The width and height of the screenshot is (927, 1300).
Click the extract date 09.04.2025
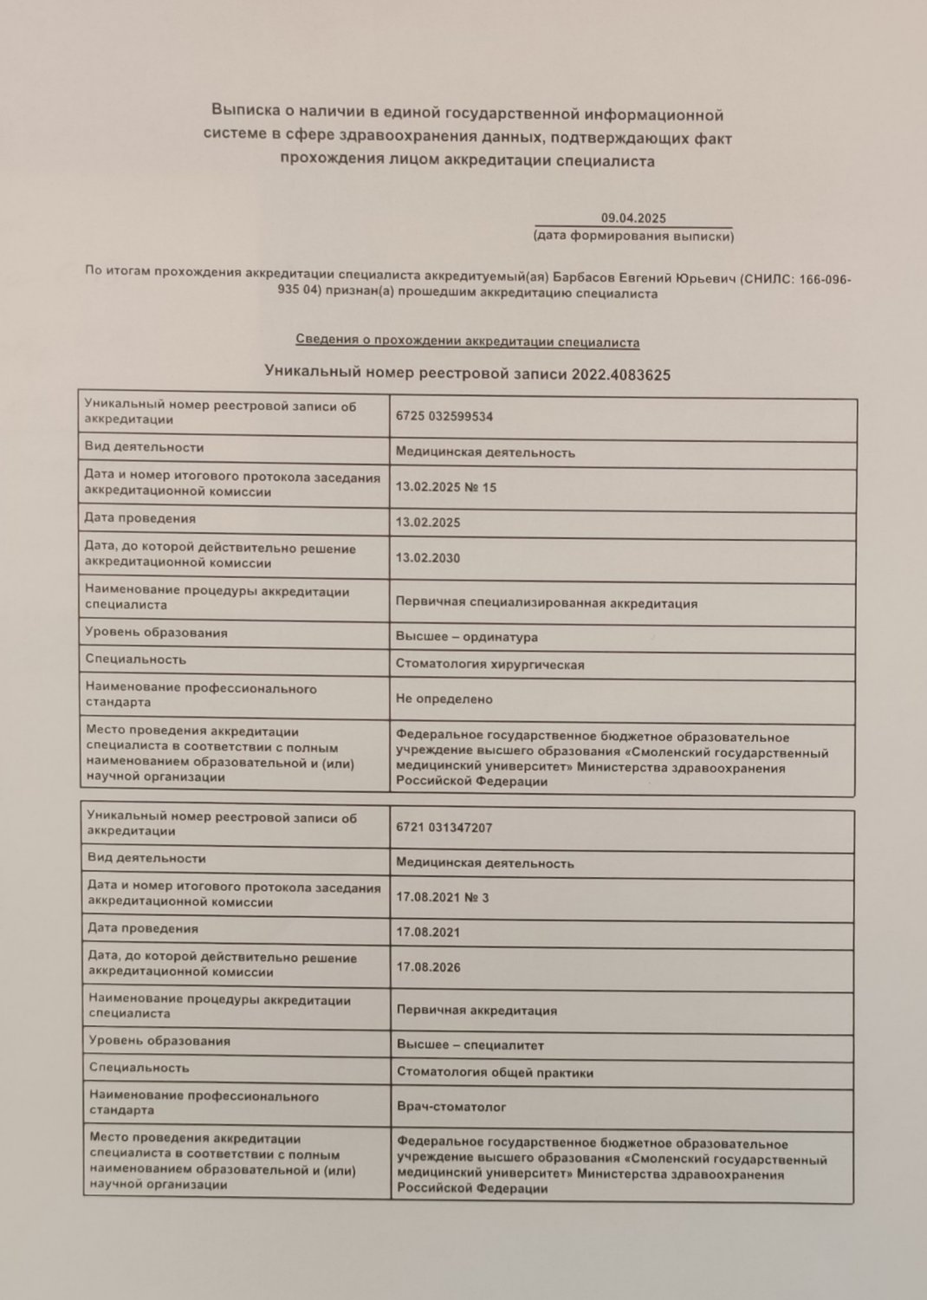(x=633, y=218)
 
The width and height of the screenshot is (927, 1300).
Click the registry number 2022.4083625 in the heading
(x=621, y=374)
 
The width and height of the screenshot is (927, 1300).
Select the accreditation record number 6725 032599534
(x=444, y=416)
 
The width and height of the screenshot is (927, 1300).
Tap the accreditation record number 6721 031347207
(x=444, y=828)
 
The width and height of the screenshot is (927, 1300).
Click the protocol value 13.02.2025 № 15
(x=446, y=487)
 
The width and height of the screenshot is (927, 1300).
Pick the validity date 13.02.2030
(x=428, y=558)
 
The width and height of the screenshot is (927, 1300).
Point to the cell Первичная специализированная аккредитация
(x=546, y=603)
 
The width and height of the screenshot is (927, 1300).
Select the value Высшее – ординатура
(x=466, y=637)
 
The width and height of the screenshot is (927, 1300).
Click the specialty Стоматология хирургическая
(x=489, y=665)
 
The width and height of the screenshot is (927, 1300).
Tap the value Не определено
(x=444, y=699)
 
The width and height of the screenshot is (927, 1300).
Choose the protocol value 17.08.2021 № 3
(x=442, y=898)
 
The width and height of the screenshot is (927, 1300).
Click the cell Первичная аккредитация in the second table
(x=476, y=1011)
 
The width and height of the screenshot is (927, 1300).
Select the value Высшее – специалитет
(x=470, y=1045)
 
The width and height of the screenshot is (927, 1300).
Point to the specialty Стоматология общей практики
(x=495, y=1073)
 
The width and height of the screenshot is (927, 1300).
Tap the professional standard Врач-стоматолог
(x=451, y=1107)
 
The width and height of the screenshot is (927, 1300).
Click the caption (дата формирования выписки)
(x=633, y=236)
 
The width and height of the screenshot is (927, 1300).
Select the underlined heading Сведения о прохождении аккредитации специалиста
(x=467, y=341)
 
